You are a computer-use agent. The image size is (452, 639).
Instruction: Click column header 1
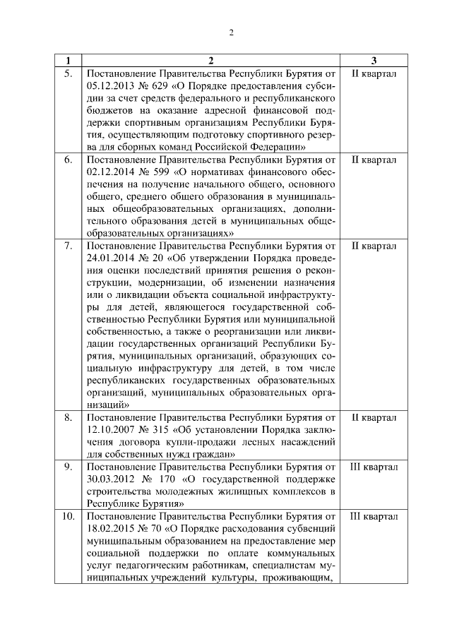68,60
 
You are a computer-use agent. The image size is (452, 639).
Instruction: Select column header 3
373,60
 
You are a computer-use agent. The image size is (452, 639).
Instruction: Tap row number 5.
68,73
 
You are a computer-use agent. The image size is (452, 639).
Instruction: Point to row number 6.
68,160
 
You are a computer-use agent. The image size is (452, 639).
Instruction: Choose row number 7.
68,246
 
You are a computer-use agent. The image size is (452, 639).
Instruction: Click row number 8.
68,418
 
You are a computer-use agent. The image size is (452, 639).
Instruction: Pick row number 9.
68,467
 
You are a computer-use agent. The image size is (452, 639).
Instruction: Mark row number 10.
68,517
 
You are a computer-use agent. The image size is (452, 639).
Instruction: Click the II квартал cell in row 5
374,73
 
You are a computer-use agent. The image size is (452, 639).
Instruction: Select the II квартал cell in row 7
374,246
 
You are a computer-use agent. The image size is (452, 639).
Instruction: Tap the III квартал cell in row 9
374,467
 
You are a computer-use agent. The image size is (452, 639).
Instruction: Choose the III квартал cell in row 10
374,517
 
